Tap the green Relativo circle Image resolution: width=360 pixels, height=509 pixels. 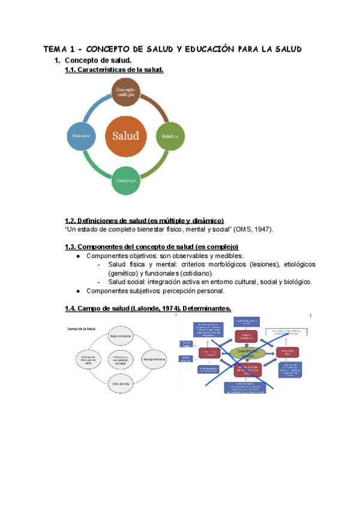169,136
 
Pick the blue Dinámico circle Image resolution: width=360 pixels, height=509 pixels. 82,136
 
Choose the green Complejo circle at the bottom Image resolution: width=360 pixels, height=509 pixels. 126,180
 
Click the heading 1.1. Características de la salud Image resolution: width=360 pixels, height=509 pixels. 114,70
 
